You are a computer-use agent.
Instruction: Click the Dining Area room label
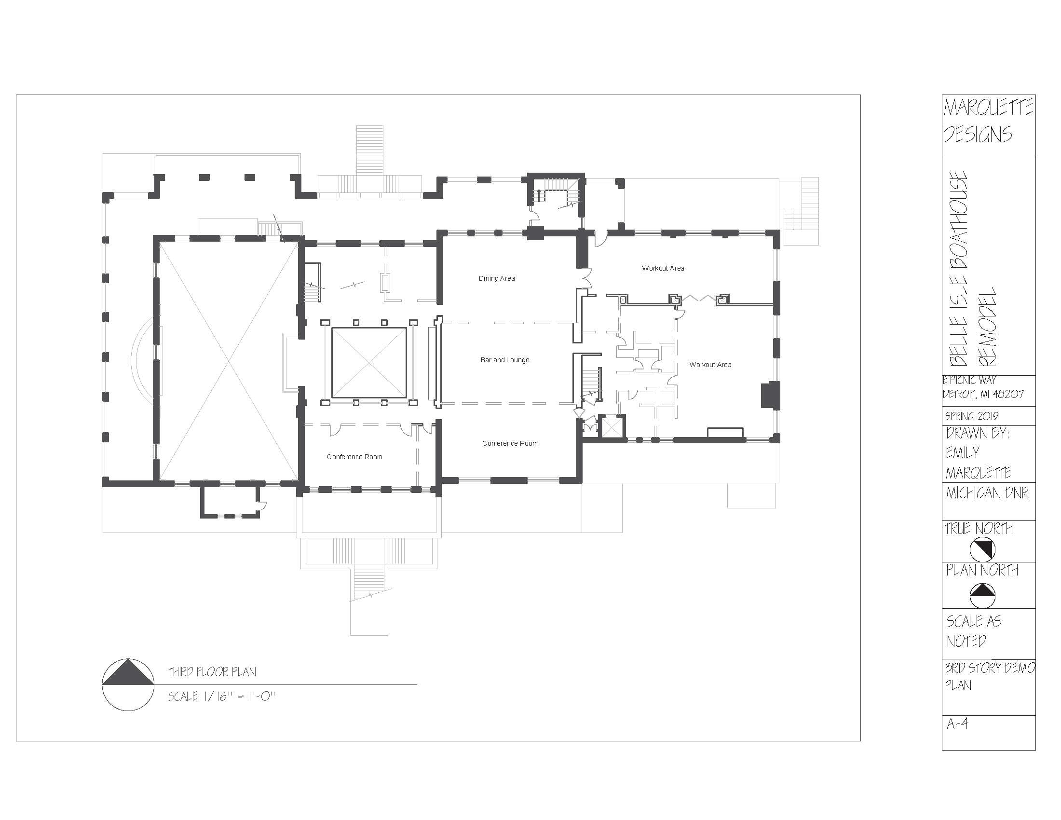click(496, 278)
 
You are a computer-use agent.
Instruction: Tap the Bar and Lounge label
click(505, 360)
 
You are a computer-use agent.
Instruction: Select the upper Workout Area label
click(663, 268)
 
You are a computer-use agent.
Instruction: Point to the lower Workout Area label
click(710, 365)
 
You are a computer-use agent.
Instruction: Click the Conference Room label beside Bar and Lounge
click(510, 443)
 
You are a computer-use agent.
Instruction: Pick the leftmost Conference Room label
click(354, 457)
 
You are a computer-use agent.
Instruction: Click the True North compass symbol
click(982, 550)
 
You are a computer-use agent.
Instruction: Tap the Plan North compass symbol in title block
click(982, 596)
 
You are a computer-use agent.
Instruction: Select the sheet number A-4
click(957, 738)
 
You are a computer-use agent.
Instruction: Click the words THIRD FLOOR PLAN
click(212, 672)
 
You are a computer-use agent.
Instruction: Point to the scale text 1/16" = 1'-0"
click(221, 697)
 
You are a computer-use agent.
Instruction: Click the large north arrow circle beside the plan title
click(128, 684)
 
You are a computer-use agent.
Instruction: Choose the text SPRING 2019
click(972, 416)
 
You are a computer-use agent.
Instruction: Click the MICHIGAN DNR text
click(987, 493)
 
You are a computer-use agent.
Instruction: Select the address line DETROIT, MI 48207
click(983, 394)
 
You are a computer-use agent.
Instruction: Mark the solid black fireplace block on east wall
click(770, 395)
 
